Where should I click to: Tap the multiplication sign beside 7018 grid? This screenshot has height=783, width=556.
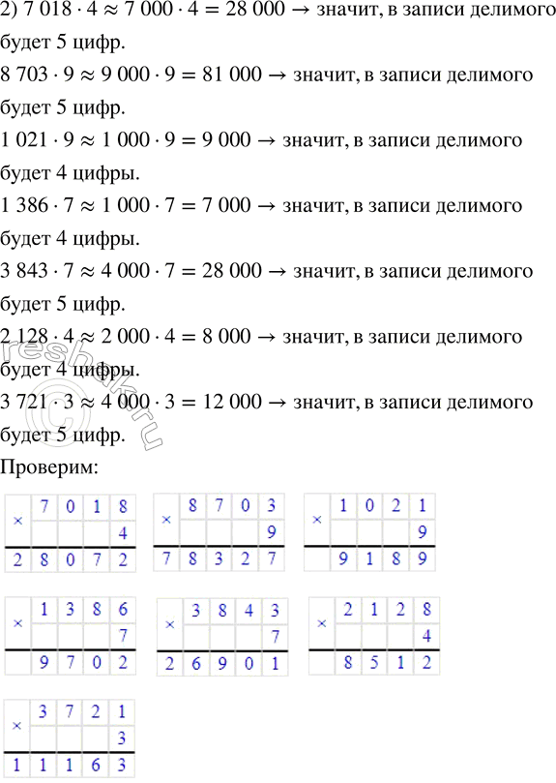coord(18,521)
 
